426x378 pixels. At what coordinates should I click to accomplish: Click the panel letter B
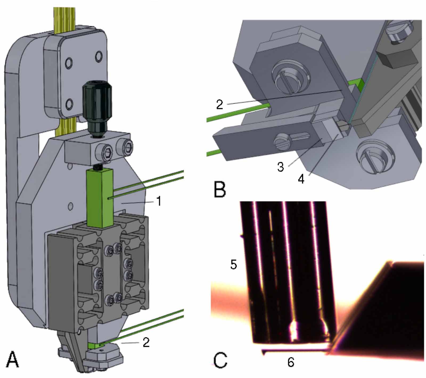220,189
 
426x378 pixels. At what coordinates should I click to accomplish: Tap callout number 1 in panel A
159,201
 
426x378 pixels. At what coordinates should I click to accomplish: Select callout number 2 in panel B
219,105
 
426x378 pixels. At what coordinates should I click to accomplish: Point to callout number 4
301,179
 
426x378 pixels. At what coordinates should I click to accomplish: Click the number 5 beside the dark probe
234,264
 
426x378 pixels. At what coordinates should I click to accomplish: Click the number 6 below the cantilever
290,362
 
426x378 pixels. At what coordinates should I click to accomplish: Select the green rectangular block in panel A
100,198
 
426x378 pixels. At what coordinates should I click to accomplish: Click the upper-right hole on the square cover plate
99,56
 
